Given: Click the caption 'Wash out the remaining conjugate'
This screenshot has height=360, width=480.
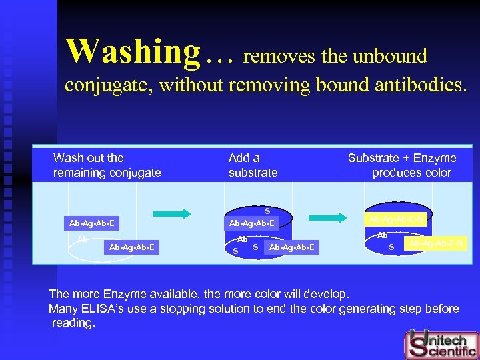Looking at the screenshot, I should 107,165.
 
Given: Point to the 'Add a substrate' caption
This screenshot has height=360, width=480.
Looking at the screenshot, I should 253,165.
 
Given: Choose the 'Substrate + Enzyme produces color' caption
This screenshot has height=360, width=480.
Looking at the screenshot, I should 402,165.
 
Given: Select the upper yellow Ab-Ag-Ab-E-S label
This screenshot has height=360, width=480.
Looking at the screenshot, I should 397,218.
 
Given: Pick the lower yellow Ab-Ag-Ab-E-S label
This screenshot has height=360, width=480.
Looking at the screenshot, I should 437,244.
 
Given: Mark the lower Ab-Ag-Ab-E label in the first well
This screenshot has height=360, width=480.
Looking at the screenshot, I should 132,247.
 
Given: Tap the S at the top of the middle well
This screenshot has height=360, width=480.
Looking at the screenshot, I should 267,211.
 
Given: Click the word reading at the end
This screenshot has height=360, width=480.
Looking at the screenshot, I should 74,323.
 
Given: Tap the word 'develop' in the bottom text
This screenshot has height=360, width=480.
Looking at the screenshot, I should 328,294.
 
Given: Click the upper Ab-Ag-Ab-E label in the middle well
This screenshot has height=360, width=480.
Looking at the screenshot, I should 251,223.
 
